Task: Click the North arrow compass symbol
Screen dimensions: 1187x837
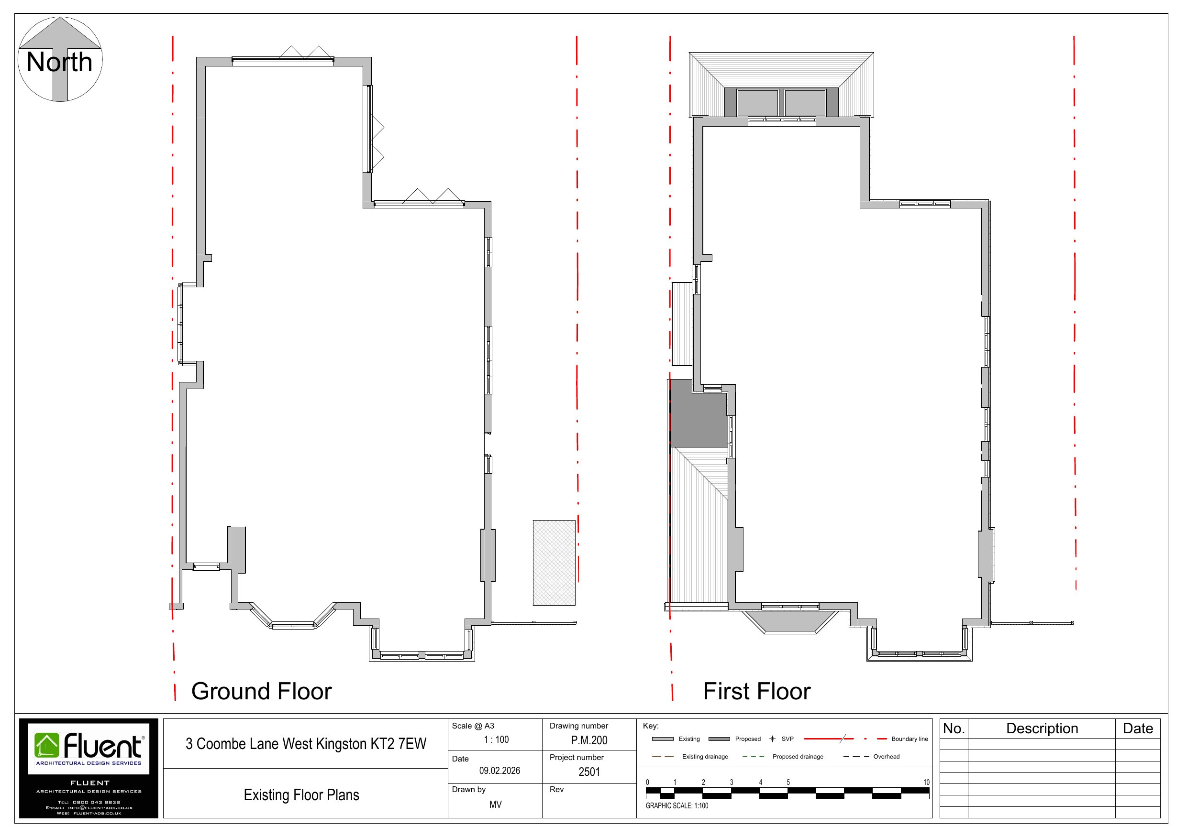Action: [x=60, y=59]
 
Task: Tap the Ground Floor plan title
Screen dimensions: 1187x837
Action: [x=262, y=691]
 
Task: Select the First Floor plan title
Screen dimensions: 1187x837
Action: [x=757, y=691]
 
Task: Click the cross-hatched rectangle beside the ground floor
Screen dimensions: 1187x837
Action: [x=554, y=563]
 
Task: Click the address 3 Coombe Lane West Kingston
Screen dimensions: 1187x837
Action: [x=306, y=744]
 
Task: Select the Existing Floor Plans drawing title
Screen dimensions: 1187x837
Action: [x=301, y=794]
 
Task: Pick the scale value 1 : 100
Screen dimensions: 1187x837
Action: [x=496, y=740]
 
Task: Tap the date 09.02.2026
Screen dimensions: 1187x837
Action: [x=499, y=771]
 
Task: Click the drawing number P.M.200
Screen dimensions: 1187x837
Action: [x=589, y=740]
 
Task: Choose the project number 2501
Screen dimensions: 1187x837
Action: [x=589, y=772]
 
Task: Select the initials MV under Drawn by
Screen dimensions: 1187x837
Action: [x=495, y=804]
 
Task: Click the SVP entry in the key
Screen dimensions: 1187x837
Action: [x=781, y=739]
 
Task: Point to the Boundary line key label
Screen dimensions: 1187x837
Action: [x=910, y=739]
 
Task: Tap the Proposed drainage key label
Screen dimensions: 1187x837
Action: [x=798, y=756]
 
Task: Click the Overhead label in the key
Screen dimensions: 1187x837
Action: [x=887, y=756]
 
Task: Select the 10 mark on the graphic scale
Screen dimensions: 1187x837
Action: [x=926, y=782]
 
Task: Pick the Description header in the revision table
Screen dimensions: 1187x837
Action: [x=1042, y=728]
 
